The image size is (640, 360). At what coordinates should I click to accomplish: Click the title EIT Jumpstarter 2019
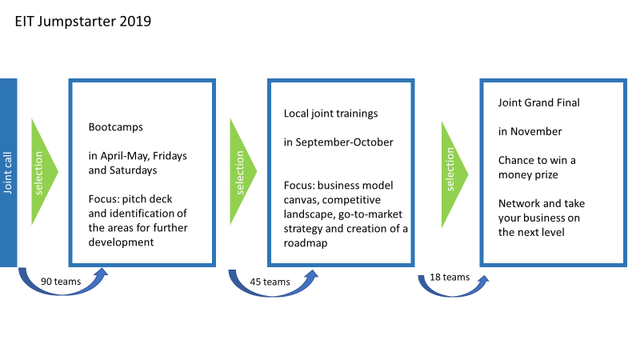[83, 22]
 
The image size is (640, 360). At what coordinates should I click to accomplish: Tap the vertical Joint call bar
[8, 173]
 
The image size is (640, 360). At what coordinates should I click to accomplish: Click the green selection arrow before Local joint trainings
[243, 171]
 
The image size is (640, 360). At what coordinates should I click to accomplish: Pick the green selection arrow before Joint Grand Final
[454, 174]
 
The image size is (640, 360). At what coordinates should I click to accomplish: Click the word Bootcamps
[115, 127]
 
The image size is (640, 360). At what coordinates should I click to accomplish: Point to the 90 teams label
[61, 282]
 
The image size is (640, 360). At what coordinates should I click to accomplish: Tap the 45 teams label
[270, 282]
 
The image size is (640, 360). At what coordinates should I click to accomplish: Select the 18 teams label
[450, 277]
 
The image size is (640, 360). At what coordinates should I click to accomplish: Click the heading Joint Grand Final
[538, 102]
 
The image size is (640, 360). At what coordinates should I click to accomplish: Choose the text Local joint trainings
[330, 114]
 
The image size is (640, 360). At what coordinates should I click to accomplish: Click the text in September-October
[338, 142]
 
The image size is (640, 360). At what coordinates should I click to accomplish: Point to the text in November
[530, 131]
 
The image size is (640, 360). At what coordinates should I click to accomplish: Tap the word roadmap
[306, 243]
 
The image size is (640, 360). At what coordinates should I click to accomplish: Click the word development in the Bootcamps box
[122, 242]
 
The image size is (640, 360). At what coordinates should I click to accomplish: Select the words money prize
[528, 174]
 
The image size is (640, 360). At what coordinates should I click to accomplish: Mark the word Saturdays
[134, 170]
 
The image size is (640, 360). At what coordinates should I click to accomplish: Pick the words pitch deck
[147, 198]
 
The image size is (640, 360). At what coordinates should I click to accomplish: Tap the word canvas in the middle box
[302, 200]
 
